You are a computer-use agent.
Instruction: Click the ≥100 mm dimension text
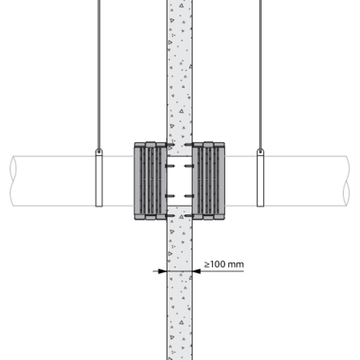224,264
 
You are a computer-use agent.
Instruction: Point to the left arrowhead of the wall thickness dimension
163,271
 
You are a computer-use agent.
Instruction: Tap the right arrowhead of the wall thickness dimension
196,271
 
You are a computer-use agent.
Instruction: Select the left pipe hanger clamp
99,178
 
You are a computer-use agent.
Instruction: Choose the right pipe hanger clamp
260,178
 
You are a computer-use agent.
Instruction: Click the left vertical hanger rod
99,74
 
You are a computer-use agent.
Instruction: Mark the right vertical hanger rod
260,74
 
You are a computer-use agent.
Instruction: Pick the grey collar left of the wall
151,181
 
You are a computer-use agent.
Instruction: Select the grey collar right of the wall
208,181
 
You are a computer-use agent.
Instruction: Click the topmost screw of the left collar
170,145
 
